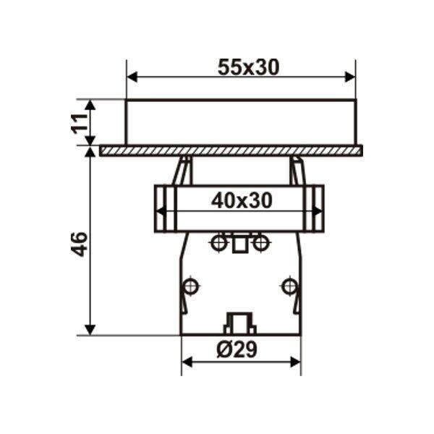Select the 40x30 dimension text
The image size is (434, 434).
(242, 201)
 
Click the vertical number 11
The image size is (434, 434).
(81, 122)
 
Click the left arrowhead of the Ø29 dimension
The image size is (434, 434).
(186, 361)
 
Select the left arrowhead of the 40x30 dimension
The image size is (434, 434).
(161, 211)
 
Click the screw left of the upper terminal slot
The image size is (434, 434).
(216, 242)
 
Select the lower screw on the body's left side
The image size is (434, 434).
(190, 285)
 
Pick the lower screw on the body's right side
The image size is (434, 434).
(290, 285)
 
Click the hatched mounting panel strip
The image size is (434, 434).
(231, 150)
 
